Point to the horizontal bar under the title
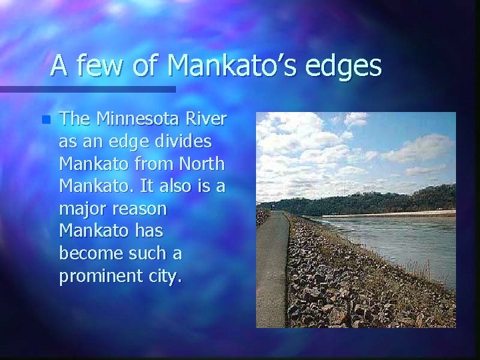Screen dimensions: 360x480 [x=87, y=88]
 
